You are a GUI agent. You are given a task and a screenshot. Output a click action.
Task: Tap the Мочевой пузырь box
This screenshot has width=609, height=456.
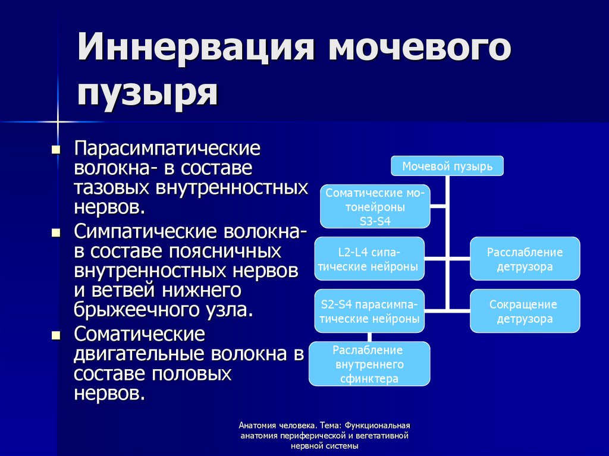(447, 166)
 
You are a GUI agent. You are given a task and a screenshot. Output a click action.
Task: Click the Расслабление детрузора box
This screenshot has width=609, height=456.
(525, 259)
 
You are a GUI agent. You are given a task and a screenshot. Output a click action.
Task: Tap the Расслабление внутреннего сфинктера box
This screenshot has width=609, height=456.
(369, 364)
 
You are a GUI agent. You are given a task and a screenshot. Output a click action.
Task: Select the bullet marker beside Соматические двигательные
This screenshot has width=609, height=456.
(56, 335)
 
